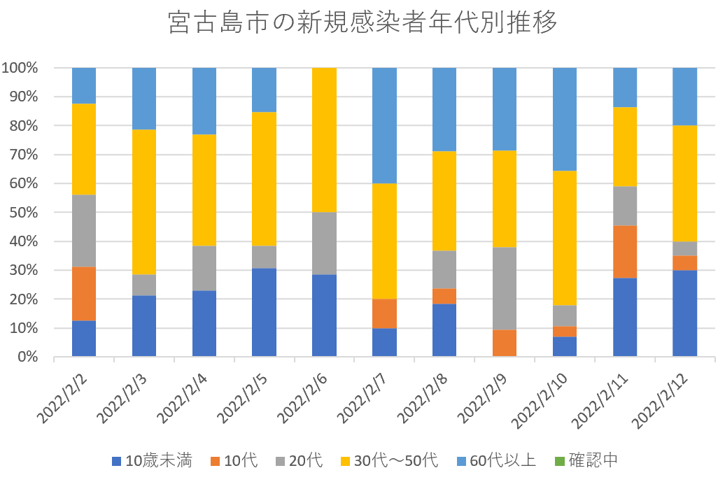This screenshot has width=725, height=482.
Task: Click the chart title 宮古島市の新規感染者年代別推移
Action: tap(362, 24)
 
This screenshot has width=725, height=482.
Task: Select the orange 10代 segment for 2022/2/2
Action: tap(84, 294)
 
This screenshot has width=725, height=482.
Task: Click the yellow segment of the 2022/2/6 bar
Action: tap(325, 140)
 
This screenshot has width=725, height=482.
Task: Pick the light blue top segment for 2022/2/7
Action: tap(384, 125)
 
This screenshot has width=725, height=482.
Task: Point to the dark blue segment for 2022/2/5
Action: tap(264, 312)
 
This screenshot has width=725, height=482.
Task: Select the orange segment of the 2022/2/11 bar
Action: tap(625, 252)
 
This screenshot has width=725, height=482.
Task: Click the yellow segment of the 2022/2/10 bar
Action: tap(565, 238)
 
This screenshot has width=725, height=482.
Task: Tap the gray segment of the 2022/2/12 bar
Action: tap(684, 248)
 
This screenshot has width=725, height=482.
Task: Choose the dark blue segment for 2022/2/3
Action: tap(144, 326)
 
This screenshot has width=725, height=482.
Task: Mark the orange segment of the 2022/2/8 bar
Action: tap(444, 296)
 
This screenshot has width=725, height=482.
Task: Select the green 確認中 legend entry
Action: tap(584, 460)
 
